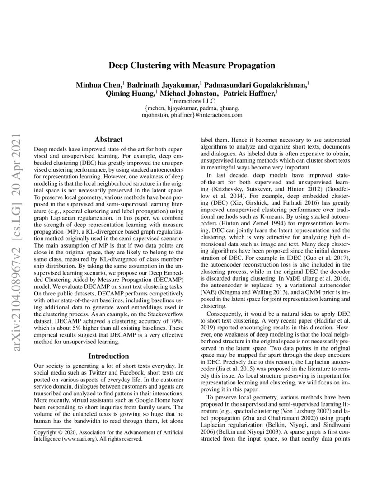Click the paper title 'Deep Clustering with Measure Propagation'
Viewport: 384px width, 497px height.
click(x=192, y=66)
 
